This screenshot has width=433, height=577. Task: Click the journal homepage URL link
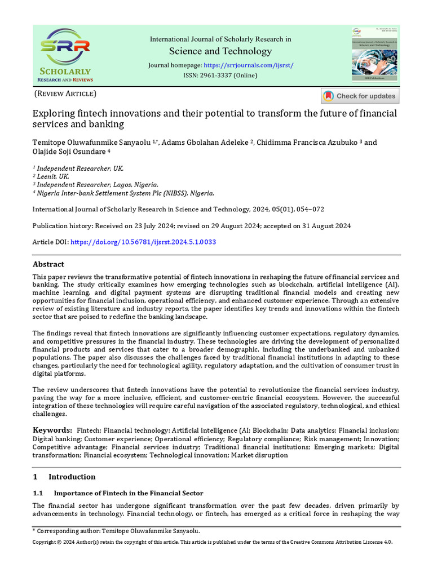(249, 65)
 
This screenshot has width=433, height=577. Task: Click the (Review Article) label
(65, 94)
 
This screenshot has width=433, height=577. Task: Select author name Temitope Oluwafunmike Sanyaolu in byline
(92, 142)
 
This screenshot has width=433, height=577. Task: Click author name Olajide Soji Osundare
(69, 152)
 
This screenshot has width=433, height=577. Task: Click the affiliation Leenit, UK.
(53, 176)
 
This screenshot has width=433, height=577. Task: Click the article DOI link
(143, 242)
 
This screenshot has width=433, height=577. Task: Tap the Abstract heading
(48, 264)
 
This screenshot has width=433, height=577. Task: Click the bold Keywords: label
(52, 430)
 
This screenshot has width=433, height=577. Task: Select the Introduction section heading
(72, 477)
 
